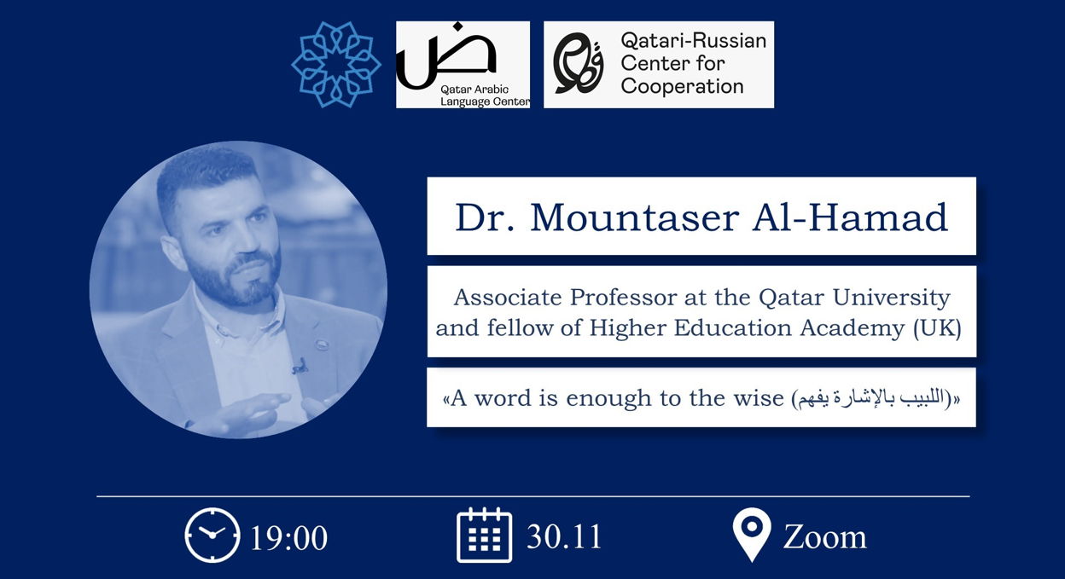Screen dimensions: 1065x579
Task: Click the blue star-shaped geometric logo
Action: (336, 65)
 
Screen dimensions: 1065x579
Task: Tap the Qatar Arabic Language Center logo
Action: (463, 65)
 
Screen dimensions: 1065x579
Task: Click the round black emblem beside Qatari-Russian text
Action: (579, 64)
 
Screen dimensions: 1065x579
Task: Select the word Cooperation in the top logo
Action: (683, 86)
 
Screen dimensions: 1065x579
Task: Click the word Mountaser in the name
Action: (635, 218)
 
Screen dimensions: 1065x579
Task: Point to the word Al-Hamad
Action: (850, 218)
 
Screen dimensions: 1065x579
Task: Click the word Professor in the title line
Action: (623, 298)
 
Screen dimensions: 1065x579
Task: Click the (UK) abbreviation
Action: (938, 329)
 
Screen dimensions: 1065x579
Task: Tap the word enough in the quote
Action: (608, 398)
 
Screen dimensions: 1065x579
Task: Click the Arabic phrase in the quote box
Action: (873, 399)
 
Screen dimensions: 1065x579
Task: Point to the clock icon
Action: (212, 535)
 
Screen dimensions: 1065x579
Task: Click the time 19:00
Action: (288, 538)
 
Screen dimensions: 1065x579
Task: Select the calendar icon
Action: (484, 535)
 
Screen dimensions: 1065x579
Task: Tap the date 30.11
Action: (564, 536)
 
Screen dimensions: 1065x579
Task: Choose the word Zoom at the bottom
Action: (825, 538)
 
